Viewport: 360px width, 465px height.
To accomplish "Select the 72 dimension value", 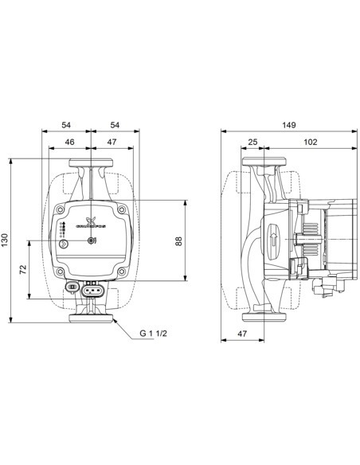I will coord(23,270).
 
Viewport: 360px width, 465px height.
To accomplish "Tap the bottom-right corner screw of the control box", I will coord(120,272).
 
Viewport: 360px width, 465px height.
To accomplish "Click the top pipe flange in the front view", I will coord(90,165).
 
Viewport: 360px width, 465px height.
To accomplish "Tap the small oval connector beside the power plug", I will coord(70,285).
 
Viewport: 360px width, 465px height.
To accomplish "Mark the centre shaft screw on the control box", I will coord(92,240).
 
